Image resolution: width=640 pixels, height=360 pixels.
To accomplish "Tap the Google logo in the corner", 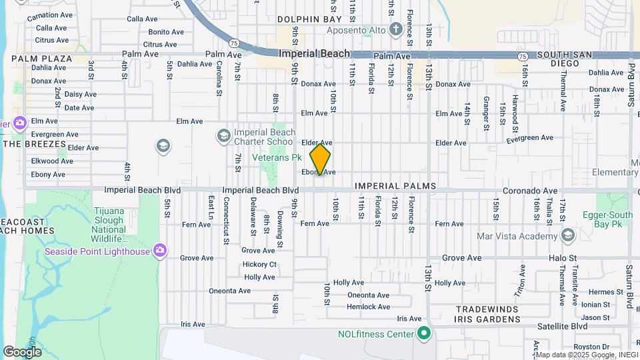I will (x=22, y=351).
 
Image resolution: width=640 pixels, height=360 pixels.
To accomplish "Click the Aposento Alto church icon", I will (x=395, y=29).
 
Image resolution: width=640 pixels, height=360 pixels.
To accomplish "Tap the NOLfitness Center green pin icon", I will (x=423, y=333).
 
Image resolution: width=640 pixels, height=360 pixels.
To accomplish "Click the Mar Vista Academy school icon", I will (x=567, y=235).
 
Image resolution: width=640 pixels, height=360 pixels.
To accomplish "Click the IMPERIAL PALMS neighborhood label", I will (x=395, y=186).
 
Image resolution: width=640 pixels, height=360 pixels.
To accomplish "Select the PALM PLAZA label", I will (x=41, y=59).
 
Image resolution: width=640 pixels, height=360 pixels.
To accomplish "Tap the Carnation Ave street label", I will (x=50, y=15).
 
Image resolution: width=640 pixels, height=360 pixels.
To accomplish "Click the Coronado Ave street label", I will (x=530, y=190).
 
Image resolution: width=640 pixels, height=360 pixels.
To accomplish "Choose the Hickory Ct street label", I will (x=259, y=264).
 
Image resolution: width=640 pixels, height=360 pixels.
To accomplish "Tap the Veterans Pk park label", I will (x=277, y=157).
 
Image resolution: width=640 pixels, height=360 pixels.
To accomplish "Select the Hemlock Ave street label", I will (x=368, y=307).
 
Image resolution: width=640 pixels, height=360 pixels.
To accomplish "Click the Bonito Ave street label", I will (x=166, y=31).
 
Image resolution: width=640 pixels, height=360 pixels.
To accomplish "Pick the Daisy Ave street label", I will (x=79, y=94).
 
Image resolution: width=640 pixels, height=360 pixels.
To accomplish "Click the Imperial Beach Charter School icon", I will (x=223, y=137).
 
